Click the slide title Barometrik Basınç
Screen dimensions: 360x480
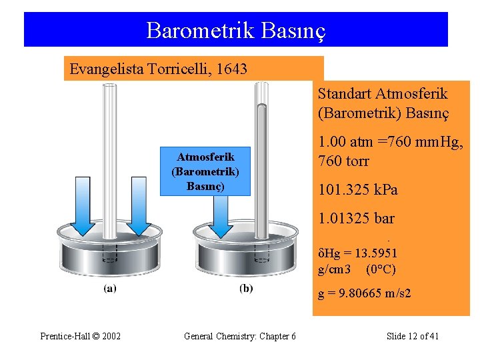(235, 30)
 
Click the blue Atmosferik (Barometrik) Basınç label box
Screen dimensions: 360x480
(205, 171)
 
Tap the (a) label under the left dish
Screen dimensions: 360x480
(109, 289)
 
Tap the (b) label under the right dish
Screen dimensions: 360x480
(245, 289)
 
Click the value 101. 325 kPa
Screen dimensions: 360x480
(358, 190)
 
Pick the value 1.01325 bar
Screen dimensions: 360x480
(356, 219)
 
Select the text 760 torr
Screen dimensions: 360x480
(344, 161)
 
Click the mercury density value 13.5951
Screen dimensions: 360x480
(376, 253)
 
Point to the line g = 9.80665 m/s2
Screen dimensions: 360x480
(364, 293)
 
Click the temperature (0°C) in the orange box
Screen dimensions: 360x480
(381, 269)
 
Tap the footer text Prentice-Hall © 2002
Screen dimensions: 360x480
(80, 336)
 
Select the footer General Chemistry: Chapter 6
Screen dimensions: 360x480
(239, 336)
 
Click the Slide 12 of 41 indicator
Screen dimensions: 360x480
(412, 336)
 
